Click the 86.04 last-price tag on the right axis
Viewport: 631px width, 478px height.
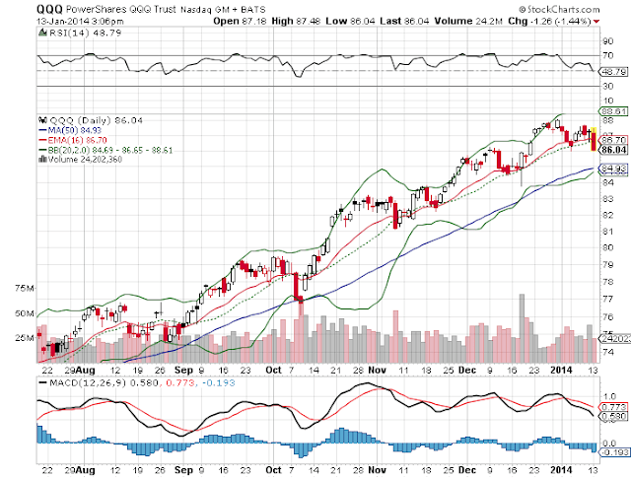point(613,149)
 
